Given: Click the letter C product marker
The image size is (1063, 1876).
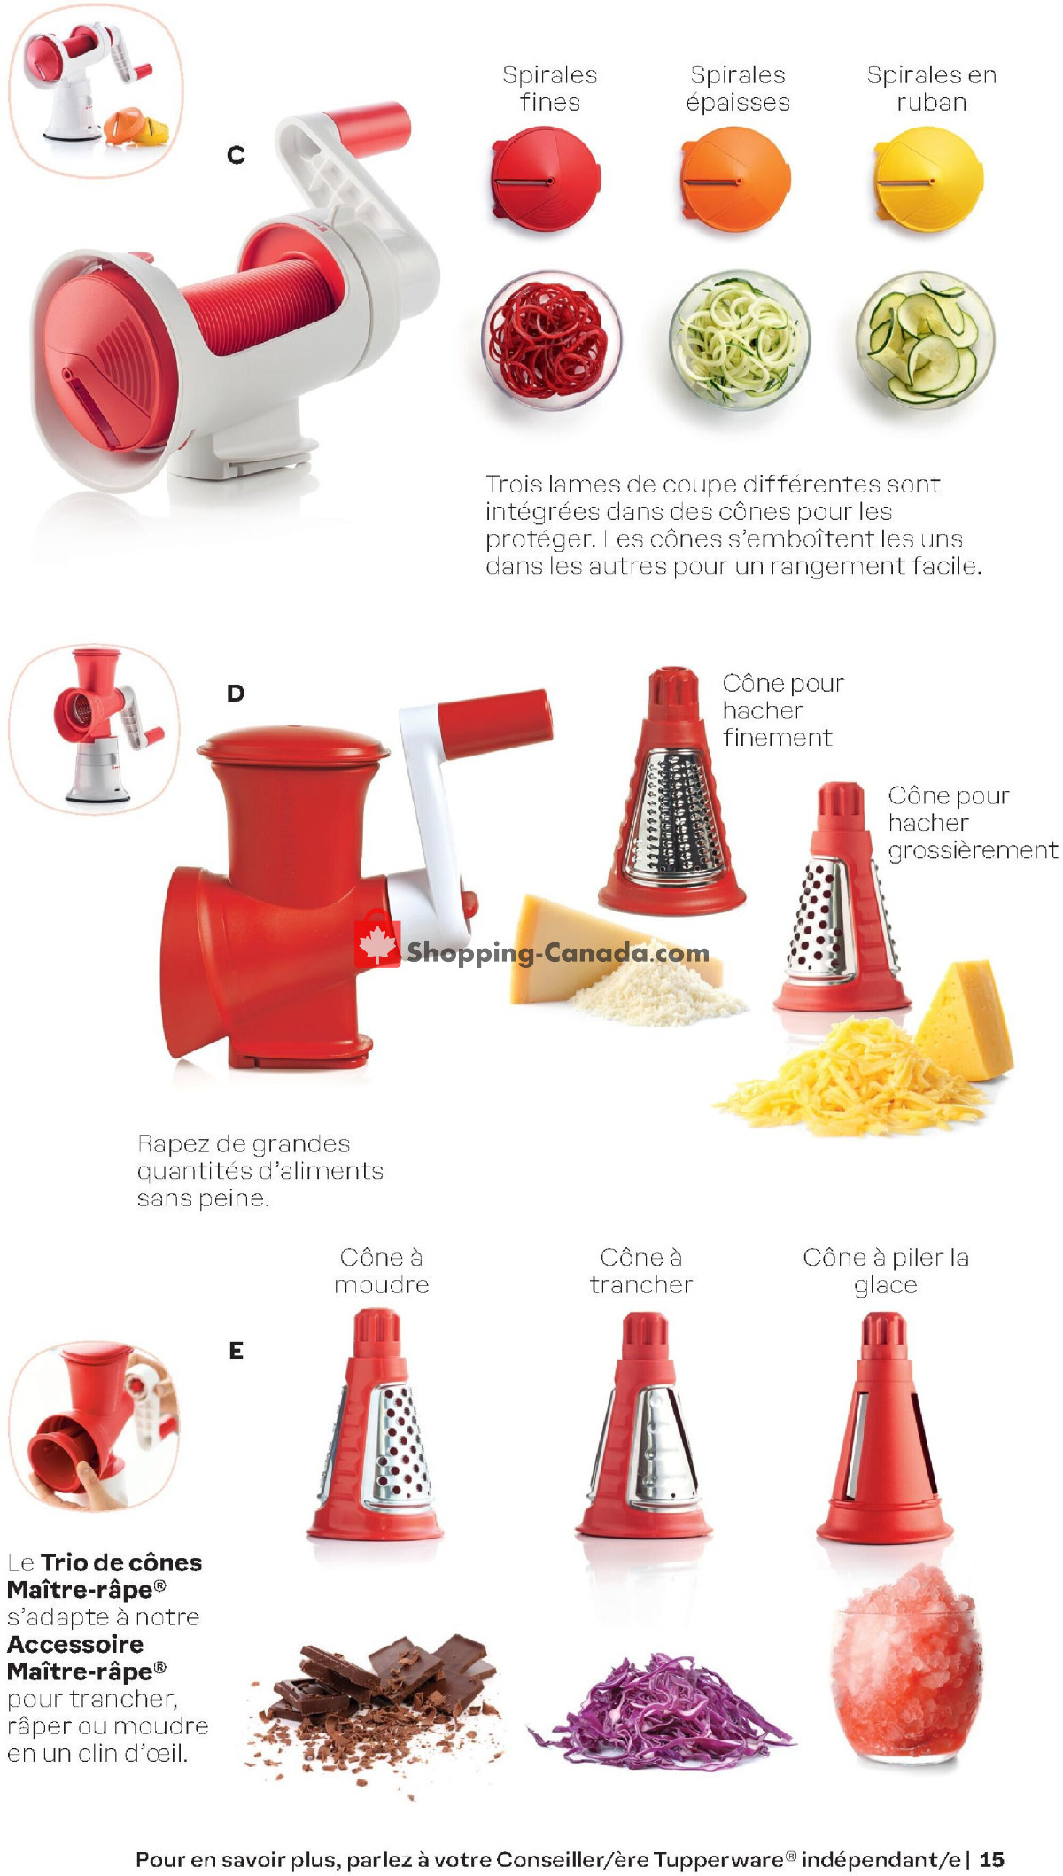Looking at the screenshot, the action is (236, 155).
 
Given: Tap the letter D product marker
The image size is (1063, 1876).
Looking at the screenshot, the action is (236, 693).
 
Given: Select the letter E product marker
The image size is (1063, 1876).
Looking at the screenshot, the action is (236, 1350).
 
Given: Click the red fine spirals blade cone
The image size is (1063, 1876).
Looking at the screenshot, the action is (546, 179).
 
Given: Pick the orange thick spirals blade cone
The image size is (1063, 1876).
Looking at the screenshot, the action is (735, 179).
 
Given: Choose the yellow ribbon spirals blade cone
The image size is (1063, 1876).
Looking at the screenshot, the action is (928, 179).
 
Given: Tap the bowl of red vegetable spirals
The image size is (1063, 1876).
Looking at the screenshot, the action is (551, 340).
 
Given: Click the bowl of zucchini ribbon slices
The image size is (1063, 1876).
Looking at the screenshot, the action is (925, 340).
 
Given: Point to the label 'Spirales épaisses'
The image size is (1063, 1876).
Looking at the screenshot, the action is (738, 89).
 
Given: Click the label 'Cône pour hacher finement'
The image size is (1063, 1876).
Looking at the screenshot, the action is (783, 710).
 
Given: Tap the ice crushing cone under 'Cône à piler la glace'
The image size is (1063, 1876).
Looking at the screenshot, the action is (884, 1428).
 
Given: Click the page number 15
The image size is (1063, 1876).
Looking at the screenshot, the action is (992, 1859).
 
